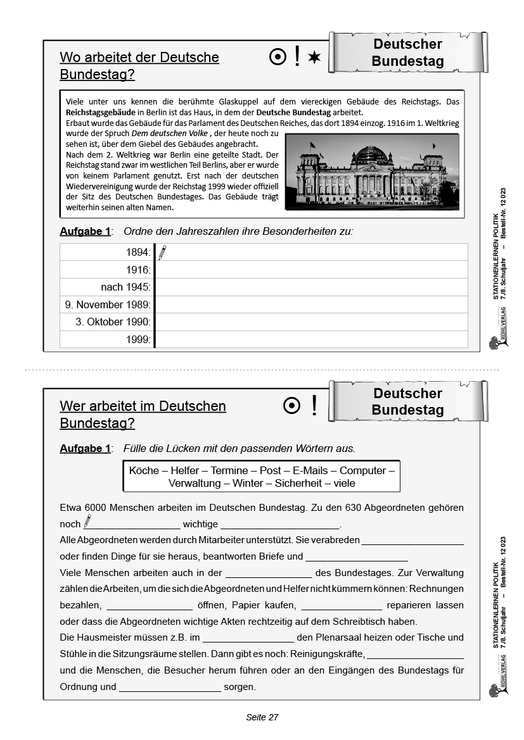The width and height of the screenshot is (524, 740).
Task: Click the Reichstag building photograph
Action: click(372, 171)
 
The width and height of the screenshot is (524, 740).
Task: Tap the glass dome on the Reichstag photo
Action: click(371, 153)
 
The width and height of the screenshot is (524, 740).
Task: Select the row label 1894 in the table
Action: click(138, 253)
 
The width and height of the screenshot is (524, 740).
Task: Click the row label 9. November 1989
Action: click(108, 304)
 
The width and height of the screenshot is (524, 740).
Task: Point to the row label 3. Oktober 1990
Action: click(113, 322)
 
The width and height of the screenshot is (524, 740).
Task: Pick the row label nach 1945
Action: click(125, 287)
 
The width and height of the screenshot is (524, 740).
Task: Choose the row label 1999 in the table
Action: click(138, 339)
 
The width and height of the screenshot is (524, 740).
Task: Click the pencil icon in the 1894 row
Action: click(162, 253)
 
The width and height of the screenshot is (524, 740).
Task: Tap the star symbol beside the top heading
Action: click(314, 58)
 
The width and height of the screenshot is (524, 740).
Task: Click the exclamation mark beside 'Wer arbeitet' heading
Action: click(314, 406)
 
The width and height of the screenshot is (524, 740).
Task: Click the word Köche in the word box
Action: click(144, 470)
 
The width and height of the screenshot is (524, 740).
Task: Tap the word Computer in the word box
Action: click(362, 470)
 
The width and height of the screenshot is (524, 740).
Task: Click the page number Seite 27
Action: click(262, 717)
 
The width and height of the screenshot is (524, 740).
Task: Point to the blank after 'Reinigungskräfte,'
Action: click(415, 653)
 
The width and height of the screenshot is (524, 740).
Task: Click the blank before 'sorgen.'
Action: click(170, 687)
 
